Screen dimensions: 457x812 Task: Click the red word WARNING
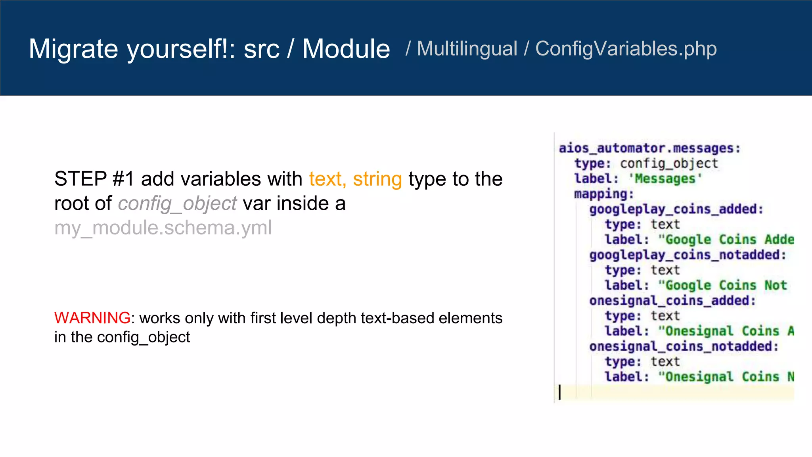pos(92,318)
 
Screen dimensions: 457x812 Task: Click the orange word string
pos(377,179)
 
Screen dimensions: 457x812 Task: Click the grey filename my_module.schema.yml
pos(163,228)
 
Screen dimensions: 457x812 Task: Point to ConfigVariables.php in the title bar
pos(626,49)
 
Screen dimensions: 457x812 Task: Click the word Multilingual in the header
pos(467,49)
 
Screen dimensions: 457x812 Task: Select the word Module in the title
pos(346,49)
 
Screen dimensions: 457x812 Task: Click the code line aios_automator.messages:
pos(649,148)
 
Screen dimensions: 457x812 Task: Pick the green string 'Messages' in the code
pos(665,179)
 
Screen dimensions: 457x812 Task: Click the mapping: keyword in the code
pos(604,194)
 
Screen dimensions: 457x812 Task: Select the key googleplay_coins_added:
pos(676,209)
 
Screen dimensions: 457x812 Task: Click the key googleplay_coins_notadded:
pos(688,255)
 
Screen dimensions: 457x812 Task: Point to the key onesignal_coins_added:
pos(672,301)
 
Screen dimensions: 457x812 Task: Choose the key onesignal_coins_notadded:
pos(684,346)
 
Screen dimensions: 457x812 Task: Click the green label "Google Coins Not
pos(722,285)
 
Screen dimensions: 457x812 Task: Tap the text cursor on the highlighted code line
pos(559,392)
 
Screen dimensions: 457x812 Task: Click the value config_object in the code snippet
pos(669,163)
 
